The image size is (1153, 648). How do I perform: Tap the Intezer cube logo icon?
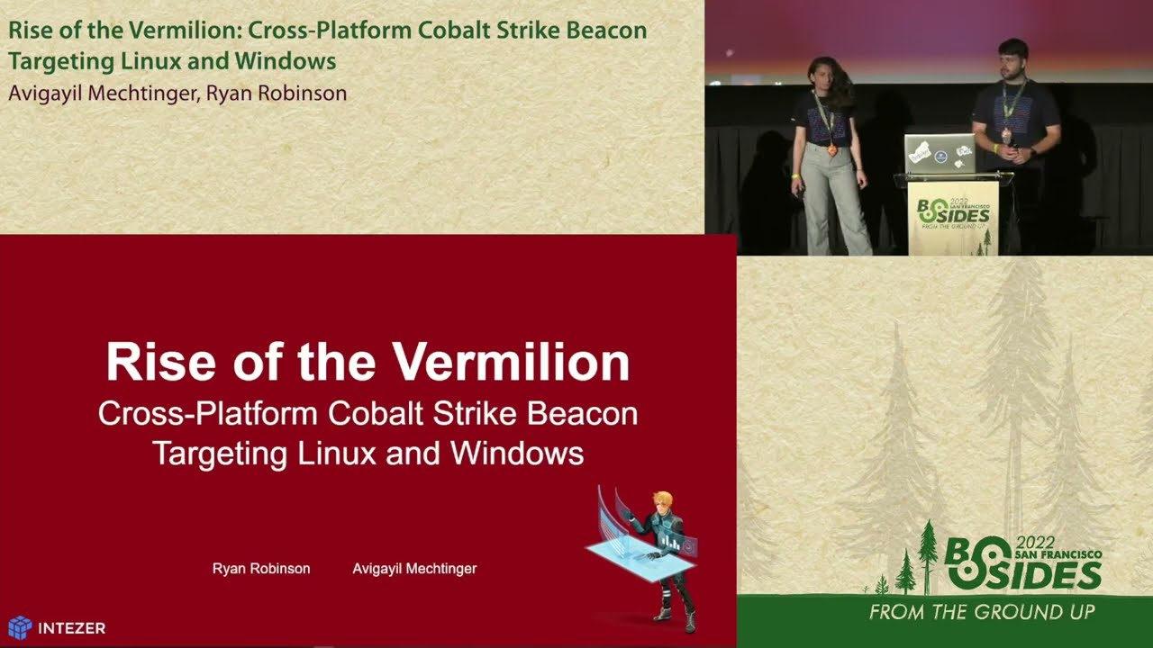20,627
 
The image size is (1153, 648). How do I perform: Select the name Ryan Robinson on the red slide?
261,569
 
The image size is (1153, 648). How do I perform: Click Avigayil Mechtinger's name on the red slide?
414,569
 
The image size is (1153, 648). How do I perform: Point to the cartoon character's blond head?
663,500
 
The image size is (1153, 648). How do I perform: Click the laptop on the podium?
940,154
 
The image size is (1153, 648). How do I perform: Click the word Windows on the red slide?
517,452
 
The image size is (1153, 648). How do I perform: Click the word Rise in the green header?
29,30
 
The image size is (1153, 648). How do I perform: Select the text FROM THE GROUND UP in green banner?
981,613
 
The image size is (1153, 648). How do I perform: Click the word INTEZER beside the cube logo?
71,628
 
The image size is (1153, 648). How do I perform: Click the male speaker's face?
1013,59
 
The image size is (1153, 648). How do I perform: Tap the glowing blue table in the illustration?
640,554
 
